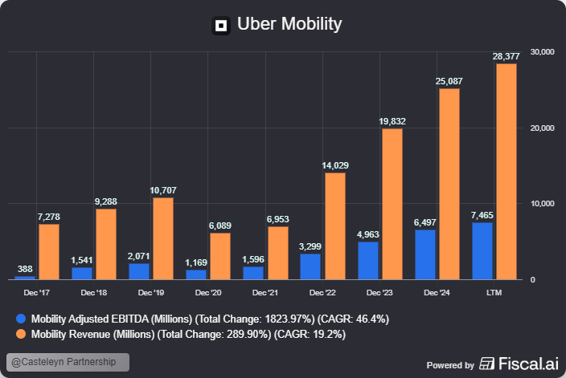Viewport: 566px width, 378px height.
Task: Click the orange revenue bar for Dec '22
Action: pos(334,226)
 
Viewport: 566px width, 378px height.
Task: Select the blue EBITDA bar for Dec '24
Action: pos(425,254)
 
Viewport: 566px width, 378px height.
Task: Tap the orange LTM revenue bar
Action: pos(507,172)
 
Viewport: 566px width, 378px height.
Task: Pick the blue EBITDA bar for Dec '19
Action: pos(139,271)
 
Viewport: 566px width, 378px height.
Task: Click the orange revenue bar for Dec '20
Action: pos(220,256)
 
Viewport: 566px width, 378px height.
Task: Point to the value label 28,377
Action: pos(507,56)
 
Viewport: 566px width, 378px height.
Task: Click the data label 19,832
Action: pos(392,121)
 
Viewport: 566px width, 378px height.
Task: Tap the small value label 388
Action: pos(25,269)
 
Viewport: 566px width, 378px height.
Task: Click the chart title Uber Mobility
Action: pos(289,24)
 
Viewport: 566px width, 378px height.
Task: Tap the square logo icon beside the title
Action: pos(221,25)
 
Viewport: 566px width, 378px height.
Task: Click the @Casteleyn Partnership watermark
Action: pos(68,362)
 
